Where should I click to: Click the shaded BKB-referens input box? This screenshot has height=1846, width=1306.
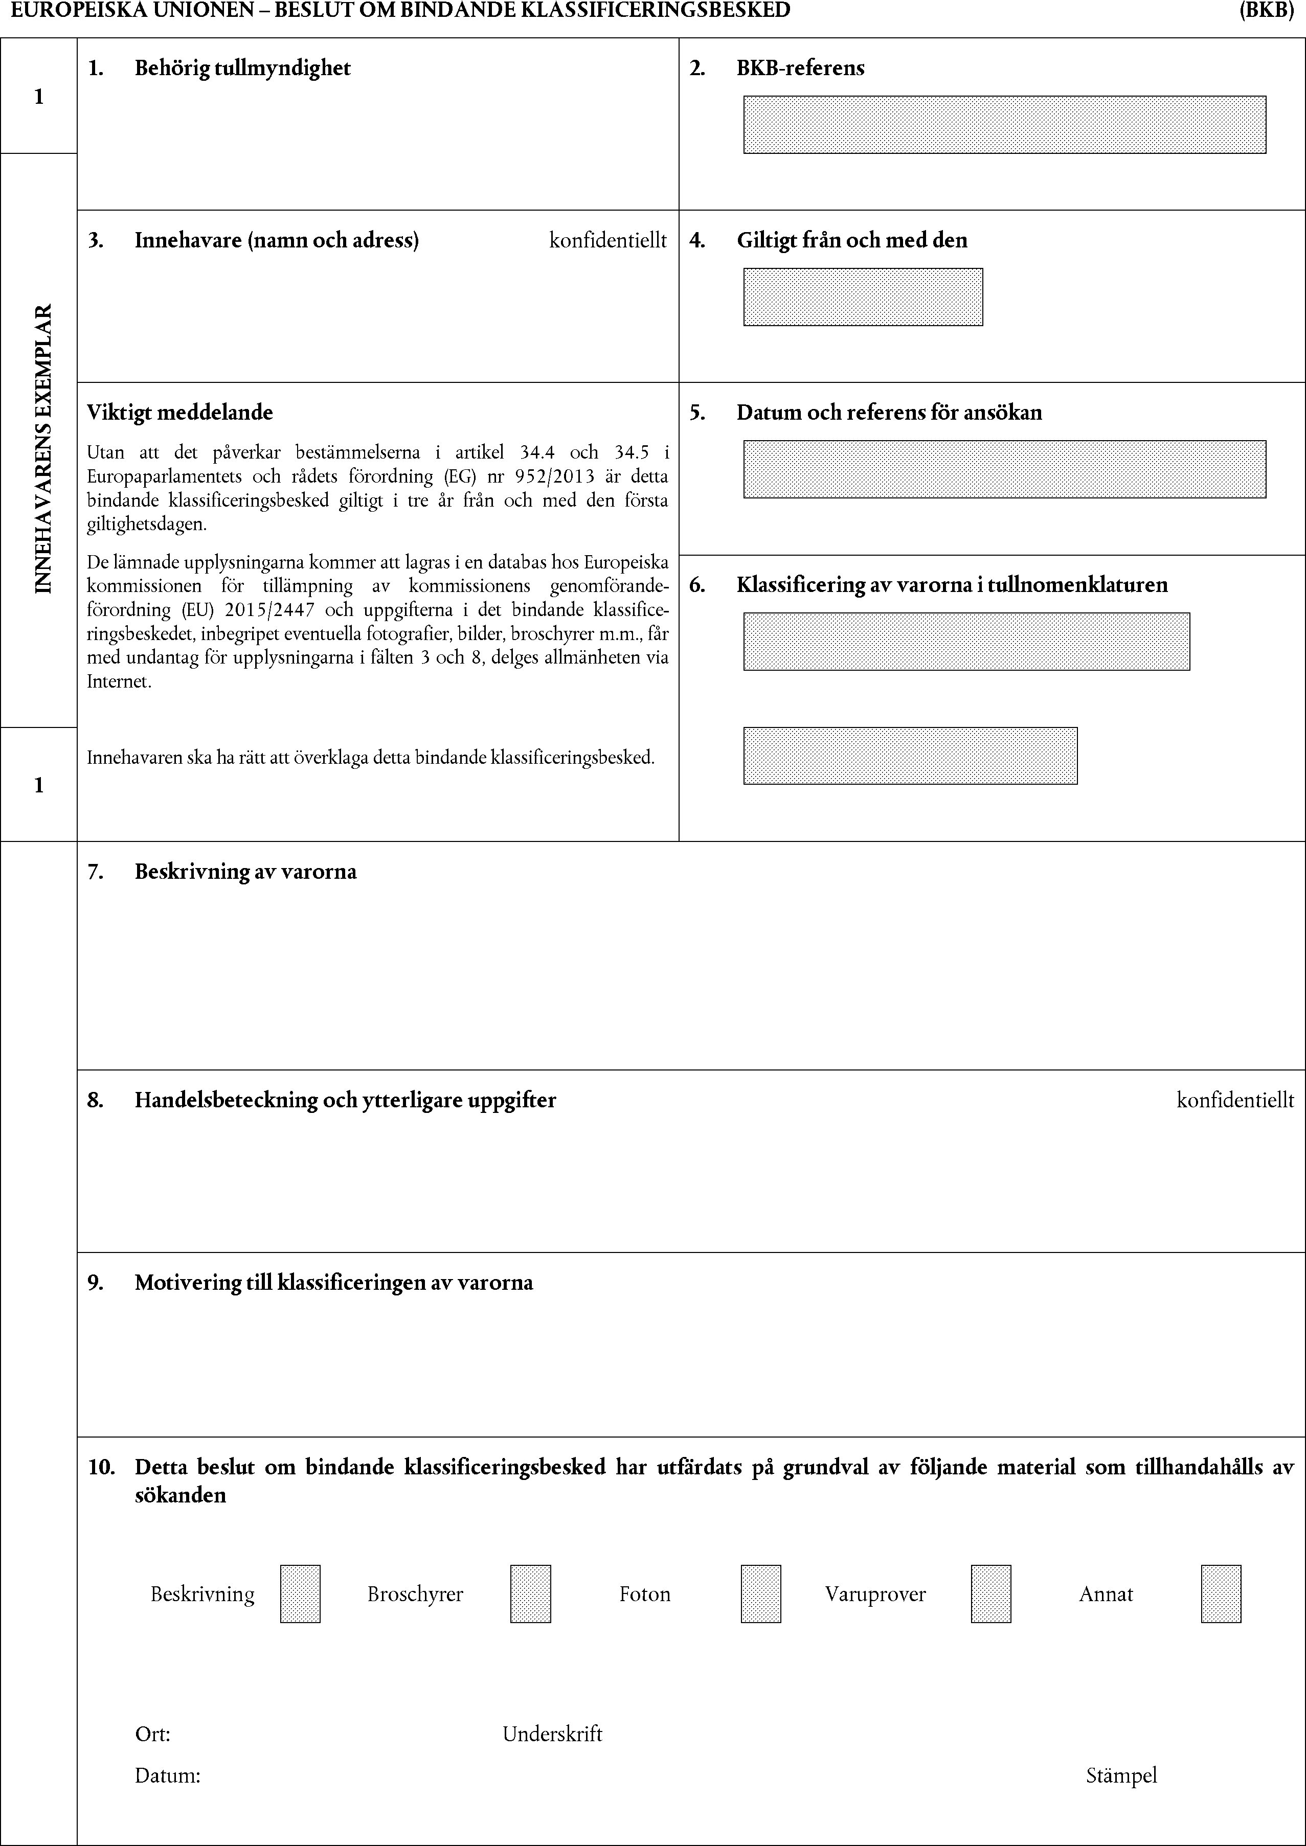click(x=1004, y=125)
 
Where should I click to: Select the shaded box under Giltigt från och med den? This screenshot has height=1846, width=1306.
click(x=862, y=297)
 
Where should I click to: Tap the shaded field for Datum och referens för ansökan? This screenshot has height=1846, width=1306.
click(x=1004, y=469)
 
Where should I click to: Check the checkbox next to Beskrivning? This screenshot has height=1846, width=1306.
click(x=300, y=1593)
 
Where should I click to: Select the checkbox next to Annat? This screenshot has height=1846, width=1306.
click(x=1220, y=1593)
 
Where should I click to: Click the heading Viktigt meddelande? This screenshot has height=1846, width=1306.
click(x=180, y=413)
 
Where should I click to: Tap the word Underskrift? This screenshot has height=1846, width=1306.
click(x=552, y=1734)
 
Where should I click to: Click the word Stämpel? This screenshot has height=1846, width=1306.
click(x=1120, y=1775)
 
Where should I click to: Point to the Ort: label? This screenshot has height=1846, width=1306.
click(x=152, y=1734)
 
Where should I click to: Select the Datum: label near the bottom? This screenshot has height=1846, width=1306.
click(x=167, y=1775)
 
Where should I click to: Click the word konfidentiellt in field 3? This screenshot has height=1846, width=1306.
click(x=608, y=240)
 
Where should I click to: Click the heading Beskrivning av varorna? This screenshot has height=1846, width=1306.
click(x=245, y=872)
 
